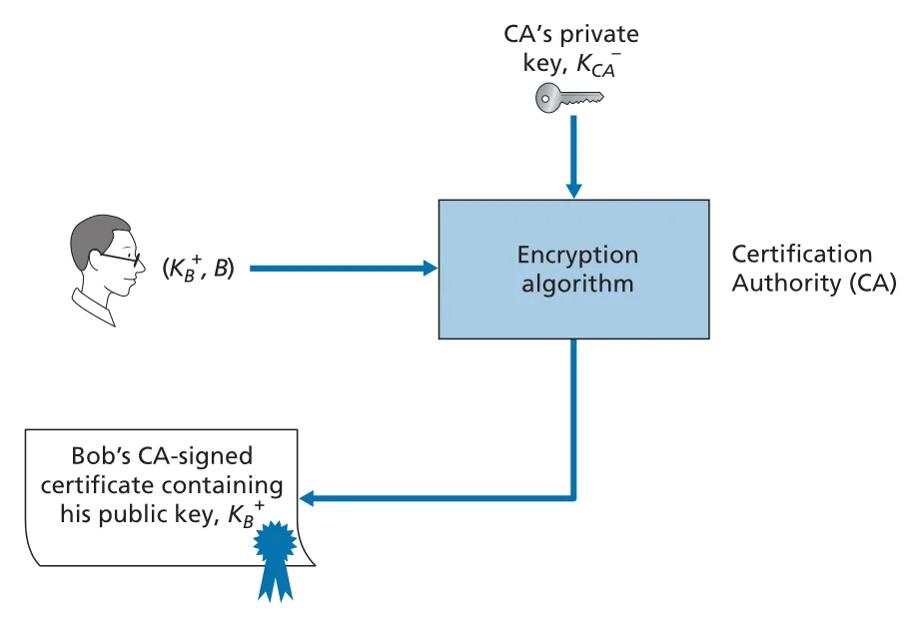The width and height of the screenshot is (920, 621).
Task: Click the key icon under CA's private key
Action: coord(569,97)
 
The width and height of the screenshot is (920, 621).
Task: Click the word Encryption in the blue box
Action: coord(577,256)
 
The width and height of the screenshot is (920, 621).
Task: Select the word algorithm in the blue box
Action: coord(577,285)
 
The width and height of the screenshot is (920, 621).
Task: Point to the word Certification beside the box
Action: coord(801,255)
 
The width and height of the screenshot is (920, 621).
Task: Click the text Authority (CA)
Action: coord(814,284)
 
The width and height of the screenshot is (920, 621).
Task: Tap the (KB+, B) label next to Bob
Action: coord(199,268)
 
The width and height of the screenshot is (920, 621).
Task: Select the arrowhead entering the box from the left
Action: coord(431,269)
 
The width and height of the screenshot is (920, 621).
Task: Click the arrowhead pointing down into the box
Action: coord(573,192)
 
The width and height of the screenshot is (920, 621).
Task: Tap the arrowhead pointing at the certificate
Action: coord(307,499)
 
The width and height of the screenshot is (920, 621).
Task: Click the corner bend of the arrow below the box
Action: coord(573,499)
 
